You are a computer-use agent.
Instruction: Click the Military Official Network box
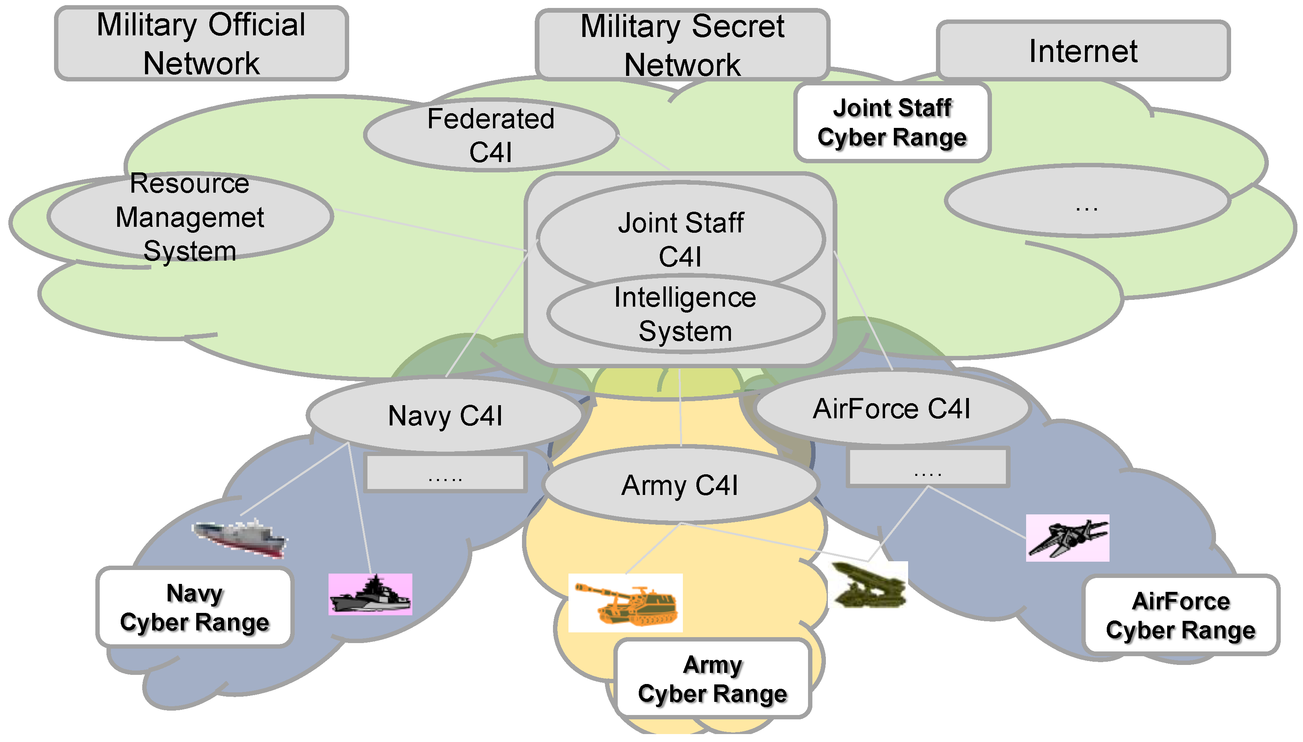pyautogui.click(x=201, y=43)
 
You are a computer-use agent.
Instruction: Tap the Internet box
pyautogui.click(x=1083, y=51)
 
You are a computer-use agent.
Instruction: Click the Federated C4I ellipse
pyautogui.click(x=490, y=135)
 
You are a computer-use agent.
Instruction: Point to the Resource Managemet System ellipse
pyautogui.click(x=189, y=216)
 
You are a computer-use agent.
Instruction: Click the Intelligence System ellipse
pyautogui.click(x=685, y=315)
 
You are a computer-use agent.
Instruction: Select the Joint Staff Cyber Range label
pyautogui.click(x=892, y=123)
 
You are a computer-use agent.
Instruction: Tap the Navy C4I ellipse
pyautogui.click(x=445, y=415)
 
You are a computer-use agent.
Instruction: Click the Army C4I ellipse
pyautogui.click(x=680, y=485)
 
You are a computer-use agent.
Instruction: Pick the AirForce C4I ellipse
pyautogui.click(x=891, y=408)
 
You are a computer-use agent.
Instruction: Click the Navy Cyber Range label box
pyautogui.click(x=194, y=607)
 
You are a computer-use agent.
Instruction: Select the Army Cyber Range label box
pyautogui.click(x=712, y=679)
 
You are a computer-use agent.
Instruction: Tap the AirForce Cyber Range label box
pyautogui.click(x=1180, y=615)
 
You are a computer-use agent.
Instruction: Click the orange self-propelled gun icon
pyautogui.click(x=625, y=603)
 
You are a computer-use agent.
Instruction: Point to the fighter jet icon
pyautogui.click(x=1067, y=538)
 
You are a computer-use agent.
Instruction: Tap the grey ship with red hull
pyautogui.click(x=240, y=539)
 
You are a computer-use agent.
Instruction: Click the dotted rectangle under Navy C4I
pyautogui.click(x=445, y=473)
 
